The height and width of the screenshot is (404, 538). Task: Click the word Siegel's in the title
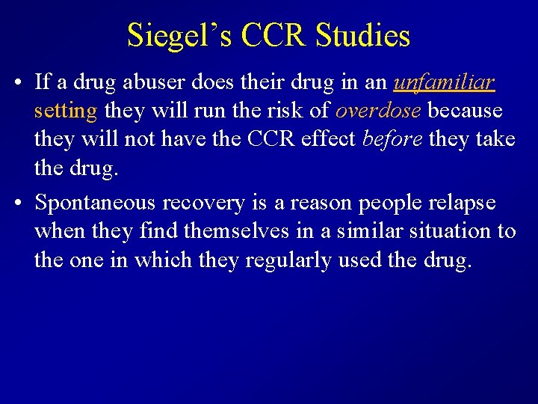tap(173, 35)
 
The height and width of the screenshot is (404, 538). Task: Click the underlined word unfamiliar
tap(445, 82)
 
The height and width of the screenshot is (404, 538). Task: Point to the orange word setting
tap(66, 111)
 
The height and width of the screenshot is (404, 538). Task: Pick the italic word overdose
tap(378, 111)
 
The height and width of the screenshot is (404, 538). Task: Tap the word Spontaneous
tap(96, 203)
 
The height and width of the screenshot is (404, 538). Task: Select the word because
tap(466, 111)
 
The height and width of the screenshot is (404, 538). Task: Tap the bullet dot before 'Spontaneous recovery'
tap(16, 203)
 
